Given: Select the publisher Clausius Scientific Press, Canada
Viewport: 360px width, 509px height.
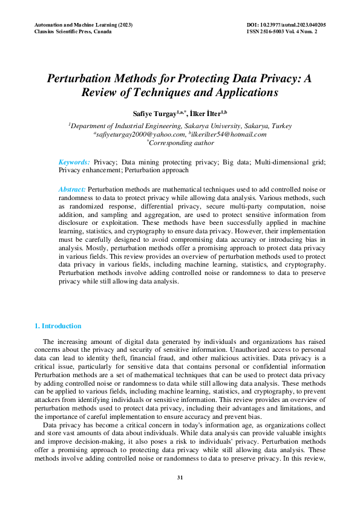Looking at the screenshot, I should click(x=73, y=31).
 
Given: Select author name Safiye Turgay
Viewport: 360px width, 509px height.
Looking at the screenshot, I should click(x=155, y=113).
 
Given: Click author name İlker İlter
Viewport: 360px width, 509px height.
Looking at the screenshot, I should click(x=206, y=113).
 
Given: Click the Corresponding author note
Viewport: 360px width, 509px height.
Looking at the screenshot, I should click(x=180, y=143).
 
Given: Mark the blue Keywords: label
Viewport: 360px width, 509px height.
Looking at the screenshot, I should click(x=74, y=162).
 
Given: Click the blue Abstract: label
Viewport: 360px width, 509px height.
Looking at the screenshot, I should click(x=72, y=190).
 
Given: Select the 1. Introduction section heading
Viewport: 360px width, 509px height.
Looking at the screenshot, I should click(x=58, y=326).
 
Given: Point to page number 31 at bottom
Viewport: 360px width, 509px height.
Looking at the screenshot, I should click(x=180, y=478).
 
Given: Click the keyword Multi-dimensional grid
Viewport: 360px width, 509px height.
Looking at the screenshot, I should click(x=290, y=162).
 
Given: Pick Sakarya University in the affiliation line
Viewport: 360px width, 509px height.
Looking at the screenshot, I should click(x=206, y=126).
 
